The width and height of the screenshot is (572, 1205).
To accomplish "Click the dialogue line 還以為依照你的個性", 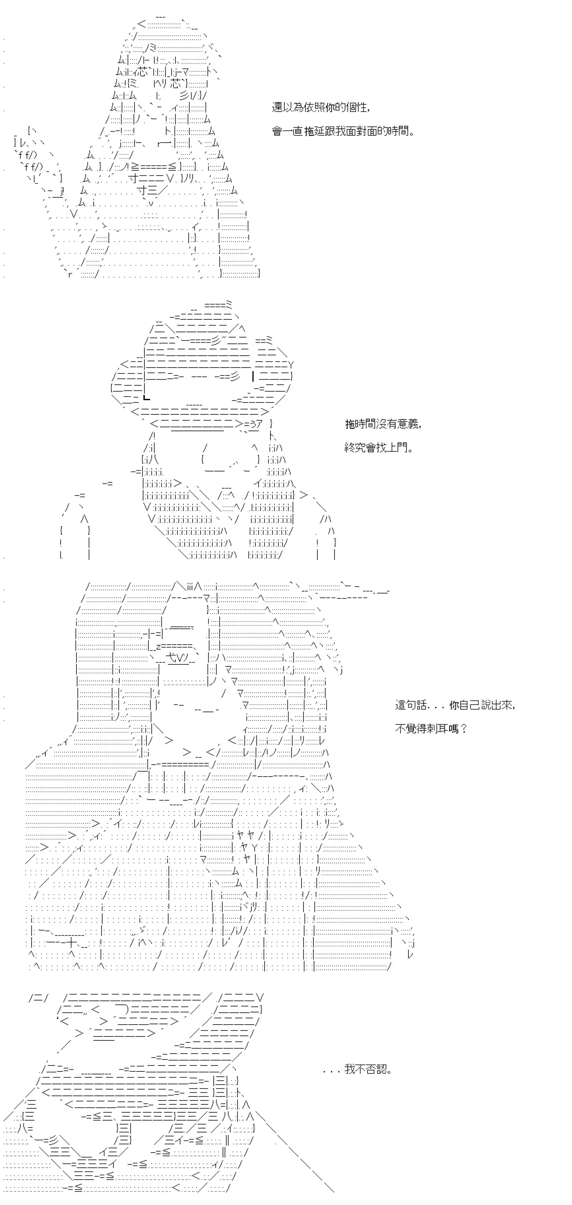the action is [x=321, y=108].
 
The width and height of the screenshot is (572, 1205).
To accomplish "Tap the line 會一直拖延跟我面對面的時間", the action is [x=343, y=131].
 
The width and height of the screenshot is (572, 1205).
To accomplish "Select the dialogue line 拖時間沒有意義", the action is [x=383, y=424].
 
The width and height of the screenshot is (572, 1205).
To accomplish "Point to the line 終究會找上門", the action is [x=379, y=448].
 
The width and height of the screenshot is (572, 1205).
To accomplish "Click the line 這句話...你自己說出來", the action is [x=455, y=705].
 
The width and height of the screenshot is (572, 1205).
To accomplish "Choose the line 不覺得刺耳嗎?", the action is [x=431, y=728].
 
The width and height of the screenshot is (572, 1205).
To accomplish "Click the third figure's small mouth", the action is [x=206, y=711].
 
